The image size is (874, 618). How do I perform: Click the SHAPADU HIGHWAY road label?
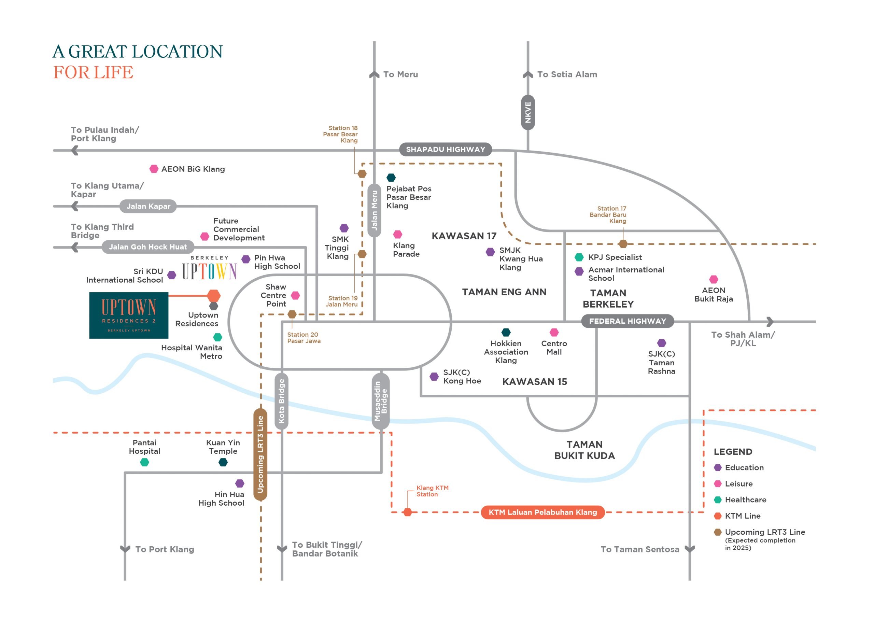(x=446, y=149)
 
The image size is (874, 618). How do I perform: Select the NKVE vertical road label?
(x=527, y=112)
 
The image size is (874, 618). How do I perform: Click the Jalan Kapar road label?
(x=148, y=206)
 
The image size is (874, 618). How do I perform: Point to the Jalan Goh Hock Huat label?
(x=148, y=247)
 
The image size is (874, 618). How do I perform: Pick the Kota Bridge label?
(x=281, y=401)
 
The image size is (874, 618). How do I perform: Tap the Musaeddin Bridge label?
(x=381, y=401)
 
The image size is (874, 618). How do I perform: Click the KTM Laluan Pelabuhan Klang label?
(x=543, y=512)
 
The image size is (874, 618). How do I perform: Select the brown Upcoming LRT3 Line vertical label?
(x=260, y=454)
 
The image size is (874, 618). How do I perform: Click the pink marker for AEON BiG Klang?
(x=154, y=169)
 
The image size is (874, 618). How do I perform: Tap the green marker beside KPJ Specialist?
(x=579, y=257)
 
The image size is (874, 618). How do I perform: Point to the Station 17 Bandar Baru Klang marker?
(x=623, y=244)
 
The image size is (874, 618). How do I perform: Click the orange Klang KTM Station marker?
(x=407, y=512)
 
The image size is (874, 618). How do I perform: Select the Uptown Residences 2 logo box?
(x=129, y=315)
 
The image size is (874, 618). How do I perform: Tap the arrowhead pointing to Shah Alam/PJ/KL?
(x=770, y=321)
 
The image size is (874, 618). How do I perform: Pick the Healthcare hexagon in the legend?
(x=718, y=500)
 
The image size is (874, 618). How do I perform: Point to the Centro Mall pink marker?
(x=554, y=332)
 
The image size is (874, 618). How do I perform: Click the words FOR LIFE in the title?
(x=93, y=72)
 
